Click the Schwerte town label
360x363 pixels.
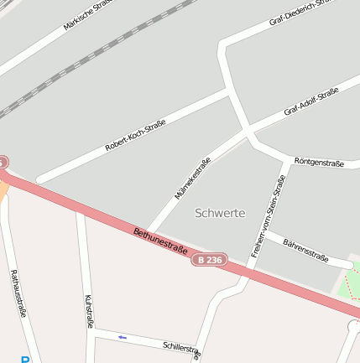[x=220, y=212]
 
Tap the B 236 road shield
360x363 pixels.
[x=209, y=261]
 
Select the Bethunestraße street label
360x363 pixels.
[x=159, y=240]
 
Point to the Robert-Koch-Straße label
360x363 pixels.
[x=135, y=135]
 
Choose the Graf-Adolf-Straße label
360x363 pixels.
[x=310, y=101]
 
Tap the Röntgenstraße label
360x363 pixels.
[x=319, y=162]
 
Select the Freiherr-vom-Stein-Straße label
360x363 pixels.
[x=269, y=215]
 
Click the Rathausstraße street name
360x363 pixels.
[x=18, y=293]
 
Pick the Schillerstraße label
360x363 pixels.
[x=182, y=348]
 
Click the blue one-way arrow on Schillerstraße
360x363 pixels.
[x=123, y=337]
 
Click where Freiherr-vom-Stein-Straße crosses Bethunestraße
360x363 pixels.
[x=248, y=272]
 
